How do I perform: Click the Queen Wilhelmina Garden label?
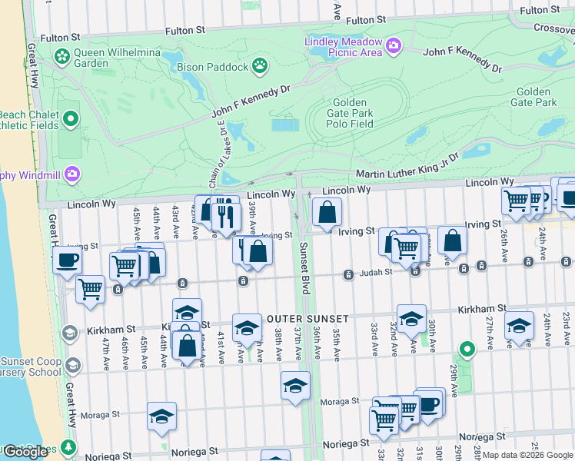pyautogui.click(x=91, y=58)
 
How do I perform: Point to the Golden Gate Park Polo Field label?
pyautogui.click(x=353, y=113)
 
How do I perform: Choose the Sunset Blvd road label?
pyautogui.click(x=304, y=274)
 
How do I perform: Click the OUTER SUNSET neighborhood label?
pyautogui.click(x=308, y=318)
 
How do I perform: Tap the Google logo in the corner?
pyautogui.click(x=25, y=452)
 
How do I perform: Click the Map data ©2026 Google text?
pyautogui.click(x=527, y=455)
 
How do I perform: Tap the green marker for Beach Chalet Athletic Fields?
pyautogui.click(x=71, y=118)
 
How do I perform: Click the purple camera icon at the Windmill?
pyautogui.click(x=72, y=174)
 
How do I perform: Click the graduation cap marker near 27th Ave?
pyautogui.click(x=519, y=325)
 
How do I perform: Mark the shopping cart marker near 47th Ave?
pyautogui.click(x=91, y=290)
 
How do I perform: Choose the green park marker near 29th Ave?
pyautogui.click(x=464, y=352)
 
